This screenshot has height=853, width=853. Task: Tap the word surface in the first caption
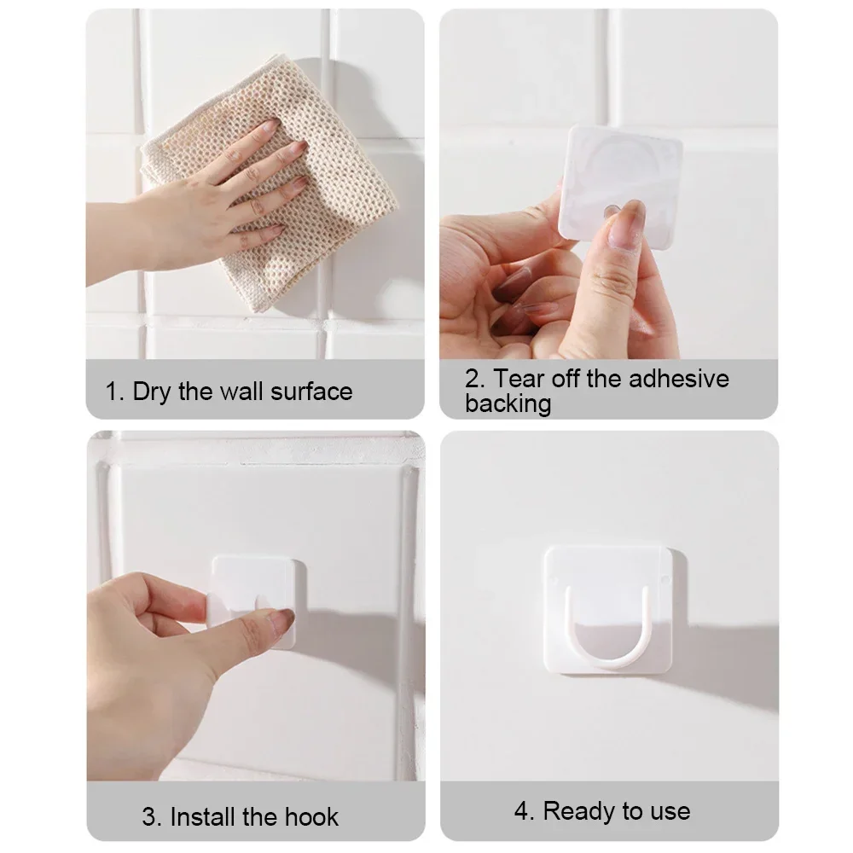point(311,392)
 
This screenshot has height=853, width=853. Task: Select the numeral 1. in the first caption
point(115,392)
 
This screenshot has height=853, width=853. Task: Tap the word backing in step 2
point(508,403)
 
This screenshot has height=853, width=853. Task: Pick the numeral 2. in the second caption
point(475,378)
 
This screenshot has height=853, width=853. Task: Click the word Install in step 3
point(203,816)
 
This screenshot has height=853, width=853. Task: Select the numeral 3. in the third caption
point(152,816)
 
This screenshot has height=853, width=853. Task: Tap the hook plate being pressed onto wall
point(256,589)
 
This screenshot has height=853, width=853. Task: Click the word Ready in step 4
point(579,810)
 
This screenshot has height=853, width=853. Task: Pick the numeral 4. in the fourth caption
point(524,810)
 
